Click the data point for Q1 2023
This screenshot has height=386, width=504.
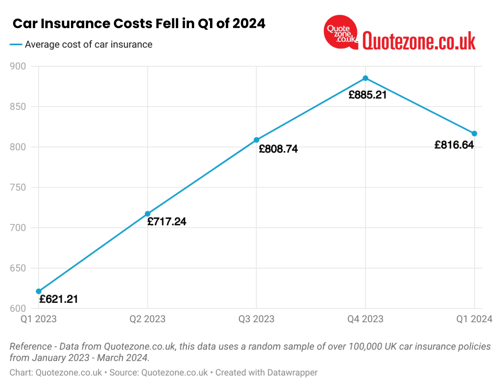[x=39, y=291]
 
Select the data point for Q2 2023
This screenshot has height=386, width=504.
[x=147, y=214]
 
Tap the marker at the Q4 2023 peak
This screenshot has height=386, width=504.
[x=365, y=78]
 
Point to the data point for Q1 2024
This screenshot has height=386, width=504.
[x=475, y=133]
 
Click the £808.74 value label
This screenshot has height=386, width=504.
[x=278, y=149]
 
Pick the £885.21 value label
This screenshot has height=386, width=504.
[x=367, y=95]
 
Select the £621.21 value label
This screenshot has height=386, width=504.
[x=58, y=299]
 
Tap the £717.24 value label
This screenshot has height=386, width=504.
[x=167, y=222]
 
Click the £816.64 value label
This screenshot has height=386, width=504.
[x=454, y=145]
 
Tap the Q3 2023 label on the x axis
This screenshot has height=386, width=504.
[x=256, y=319]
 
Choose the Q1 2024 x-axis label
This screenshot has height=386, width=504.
[x=475, y=319]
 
